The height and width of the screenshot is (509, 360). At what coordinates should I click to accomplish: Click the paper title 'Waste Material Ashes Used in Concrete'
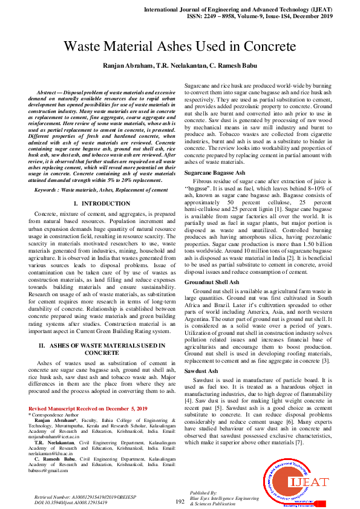click(180, 46)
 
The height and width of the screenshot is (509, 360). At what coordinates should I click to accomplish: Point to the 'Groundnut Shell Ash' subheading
click(212, 282)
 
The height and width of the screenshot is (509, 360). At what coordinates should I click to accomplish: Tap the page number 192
click(180, 501)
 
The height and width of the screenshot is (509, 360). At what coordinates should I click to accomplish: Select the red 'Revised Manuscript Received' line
click(88, 409)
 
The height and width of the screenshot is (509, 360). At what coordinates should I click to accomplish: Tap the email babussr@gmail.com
click(49, 470)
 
